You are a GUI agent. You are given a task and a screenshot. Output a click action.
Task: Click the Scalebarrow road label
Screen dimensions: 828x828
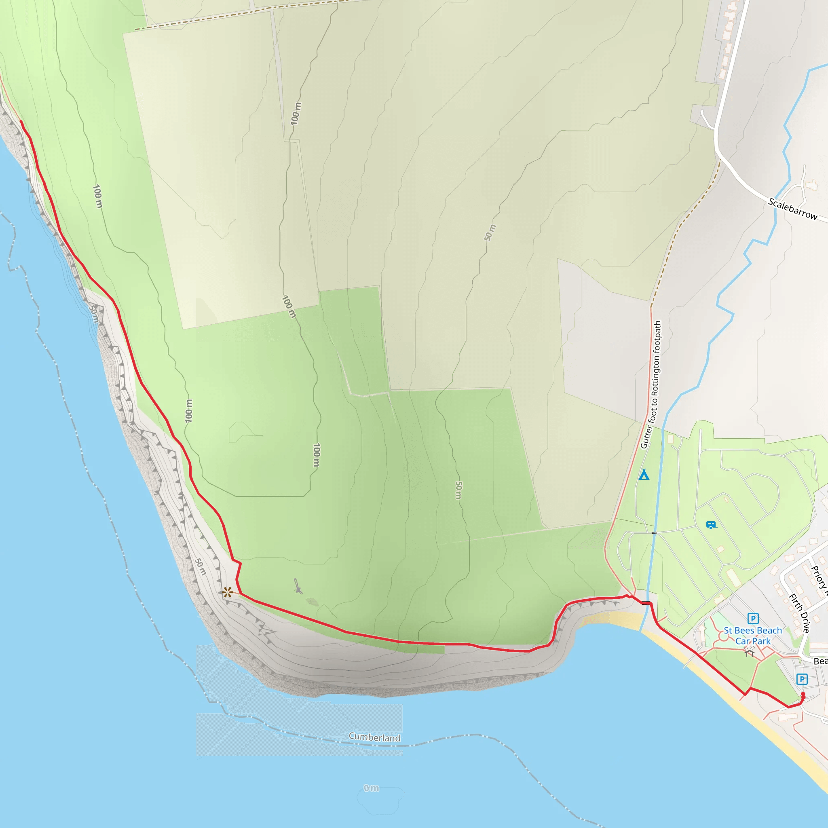coord(792,209)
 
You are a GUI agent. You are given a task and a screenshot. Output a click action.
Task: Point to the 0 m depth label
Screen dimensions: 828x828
coord(371,788)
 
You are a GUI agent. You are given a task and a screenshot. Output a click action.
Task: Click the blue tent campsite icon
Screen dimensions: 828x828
coord(644,474)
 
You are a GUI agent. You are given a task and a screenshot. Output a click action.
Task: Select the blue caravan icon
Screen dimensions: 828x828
coord(711,524)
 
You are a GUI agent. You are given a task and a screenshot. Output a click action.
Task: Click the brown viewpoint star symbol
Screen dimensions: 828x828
coord(228,593)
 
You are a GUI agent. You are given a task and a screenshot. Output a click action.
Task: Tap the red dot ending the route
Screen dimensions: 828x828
coord(803,694)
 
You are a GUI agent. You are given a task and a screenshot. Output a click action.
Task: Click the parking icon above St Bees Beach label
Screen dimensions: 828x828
coord(753,619)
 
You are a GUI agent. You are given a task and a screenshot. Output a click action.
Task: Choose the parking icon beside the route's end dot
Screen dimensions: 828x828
coord(802,679)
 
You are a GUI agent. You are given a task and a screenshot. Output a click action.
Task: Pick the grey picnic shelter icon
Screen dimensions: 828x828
coord(749,652)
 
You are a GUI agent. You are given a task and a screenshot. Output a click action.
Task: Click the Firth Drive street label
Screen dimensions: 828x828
coord(800,613)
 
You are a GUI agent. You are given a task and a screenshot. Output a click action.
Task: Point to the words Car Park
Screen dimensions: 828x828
coord(753,641)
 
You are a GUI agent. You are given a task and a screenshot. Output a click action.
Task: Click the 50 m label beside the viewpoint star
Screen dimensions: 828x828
coord(201,566)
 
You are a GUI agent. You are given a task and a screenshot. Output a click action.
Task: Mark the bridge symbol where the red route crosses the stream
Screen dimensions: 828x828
coord(647,603)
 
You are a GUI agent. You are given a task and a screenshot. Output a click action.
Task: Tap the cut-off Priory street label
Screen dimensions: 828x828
coord(819,581)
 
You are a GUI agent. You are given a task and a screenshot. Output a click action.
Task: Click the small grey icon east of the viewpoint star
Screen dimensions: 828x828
coord(298,586)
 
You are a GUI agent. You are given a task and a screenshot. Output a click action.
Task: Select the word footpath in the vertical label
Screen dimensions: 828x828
coord(658,338)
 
